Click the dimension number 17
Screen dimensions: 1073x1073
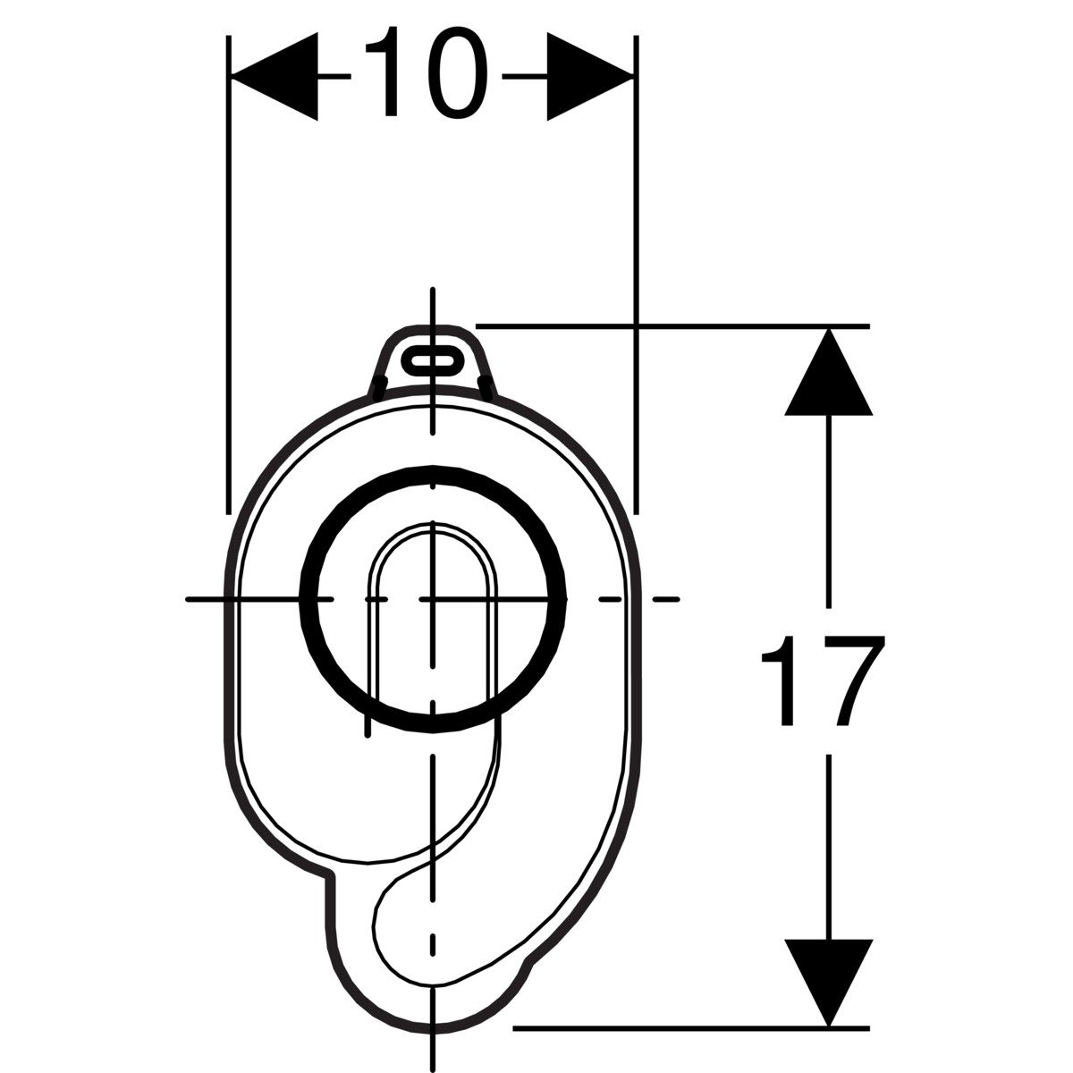click(823, 680)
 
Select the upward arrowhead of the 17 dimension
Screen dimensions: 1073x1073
click(828, 376)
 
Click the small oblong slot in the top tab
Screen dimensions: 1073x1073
click(433, 359)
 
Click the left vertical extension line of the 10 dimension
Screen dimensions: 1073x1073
click(229, 268)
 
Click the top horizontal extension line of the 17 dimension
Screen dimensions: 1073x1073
click(671, 326)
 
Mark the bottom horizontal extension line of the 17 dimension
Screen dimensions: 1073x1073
click(689, 1027)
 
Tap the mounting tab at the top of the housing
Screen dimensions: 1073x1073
click(433, 353)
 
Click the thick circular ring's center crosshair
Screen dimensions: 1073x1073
click(433, 598)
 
